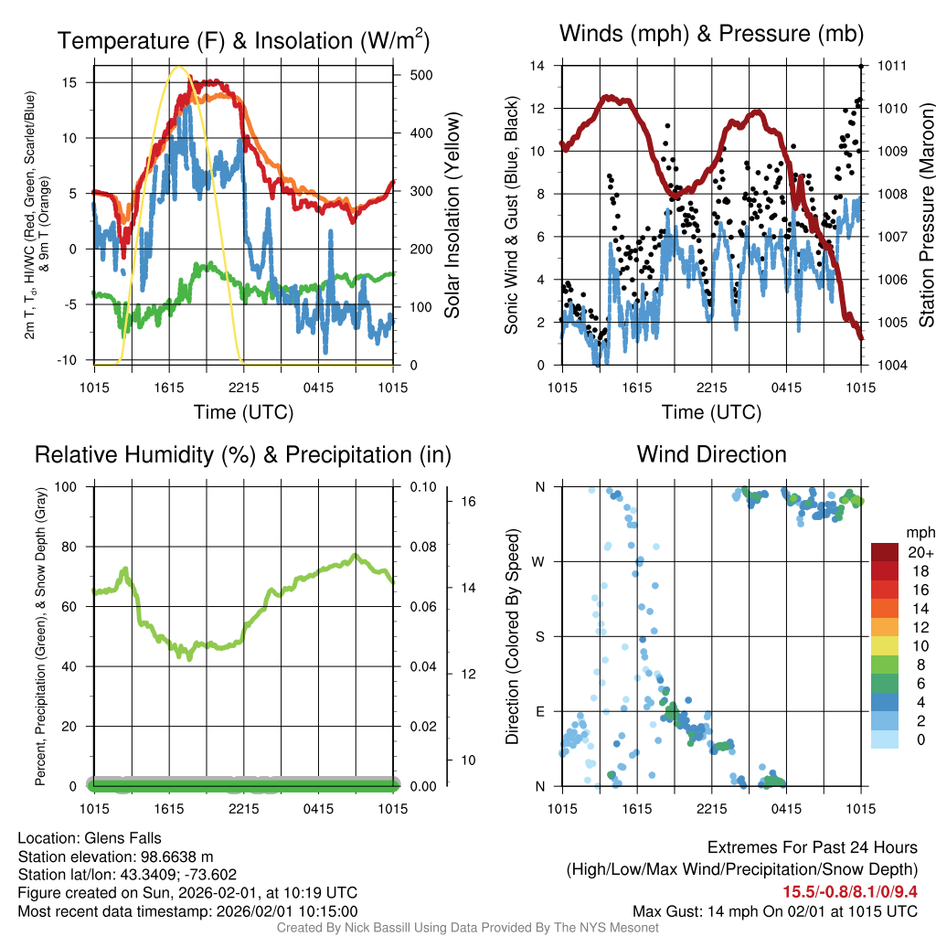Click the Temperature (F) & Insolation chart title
(x=243, y=40)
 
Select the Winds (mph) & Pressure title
(x=711, y=34)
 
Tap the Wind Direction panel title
(x=711, y=453)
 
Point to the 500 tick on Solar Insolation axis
(x=409, y=75)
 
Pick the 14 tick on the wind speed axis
(x=537, y=66)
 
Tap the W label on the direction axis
(x=539, y=561)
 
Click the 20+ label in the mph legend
(x=919, y=553)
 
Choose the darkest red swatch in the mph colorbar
(x=886, y=551)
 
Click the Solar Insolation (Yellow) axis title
(x=452, y=216)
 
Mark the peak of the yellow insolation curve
(x=180, y=67)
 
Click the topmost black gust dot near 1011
(x=861, y=66)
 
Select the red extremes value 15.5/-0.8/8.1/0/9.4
(x=849, y=892)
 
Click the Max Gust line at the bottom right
(x=775, y=911)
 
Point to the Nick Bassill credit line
(x=467, y=928)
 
